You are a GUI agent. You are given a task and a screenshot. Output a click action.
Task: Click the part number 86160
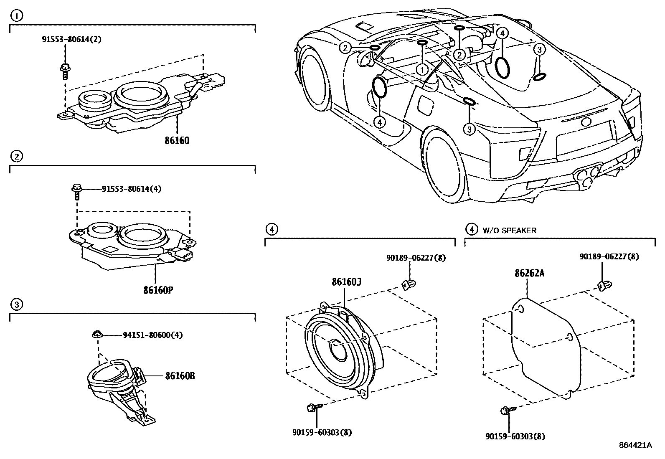(177, 141)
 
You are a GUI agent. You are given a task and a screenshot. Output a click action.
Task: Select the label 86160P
(158, 289)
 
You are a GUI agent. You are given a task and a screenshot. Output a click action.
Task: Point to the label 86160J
(346, 282)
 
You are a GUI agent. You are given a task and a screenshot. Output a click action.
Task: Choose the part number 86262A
(529, 274)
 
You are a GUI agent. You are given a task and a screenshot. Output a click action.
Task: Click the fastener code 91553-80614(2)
(71, 40)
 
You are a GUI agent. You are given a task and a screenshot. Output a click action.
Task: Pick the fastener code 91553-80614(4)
(132, 189)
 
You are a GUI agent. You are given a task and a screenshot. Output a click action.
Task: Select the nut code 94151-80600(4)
(153, 335)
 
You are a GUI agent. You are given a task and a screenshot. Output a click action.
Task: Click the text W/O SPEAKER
(509, 230)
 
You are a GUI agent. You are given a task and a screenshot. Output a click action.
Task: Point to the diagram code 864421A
(635, 445)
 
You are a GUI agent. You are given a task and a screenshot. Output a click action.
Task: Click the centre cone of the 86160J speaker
(337, 346)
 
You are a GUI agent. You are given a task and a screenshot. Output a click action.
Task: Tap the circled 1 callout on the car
(423, 69)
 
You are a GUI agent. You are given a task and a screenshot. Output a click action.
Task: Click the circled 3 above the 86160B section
(16, 304)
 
